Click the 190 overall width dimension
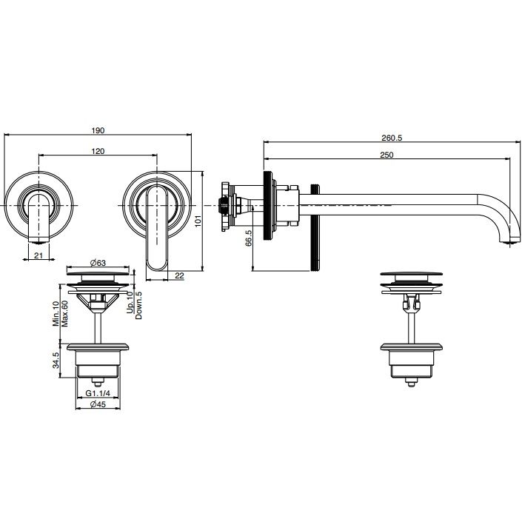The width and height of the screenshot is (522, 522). (x=98, y=130)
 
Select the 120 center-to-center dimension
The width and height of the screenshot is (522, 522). (x=98, y=151)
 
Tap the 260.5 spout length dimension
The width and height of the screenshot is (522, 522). (x=392, y=138)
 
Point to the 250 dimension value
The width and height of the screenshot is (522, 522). (x=387, y=155)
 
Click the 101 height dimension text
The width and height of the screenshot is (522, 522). (x=198, y=221)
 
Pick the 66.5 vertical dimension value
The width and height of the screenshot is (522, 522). (x=248, y=238)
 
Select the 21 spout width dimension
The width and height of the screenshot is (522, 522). (x=39, y=255)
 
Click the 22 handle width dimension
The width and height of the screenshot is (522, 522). (x=179, y=276)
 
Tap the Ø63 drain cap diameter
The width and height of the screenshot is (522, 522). (x=98, y=263)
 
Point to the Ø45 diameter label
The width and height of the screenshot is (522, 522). (x=98, y=404)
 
